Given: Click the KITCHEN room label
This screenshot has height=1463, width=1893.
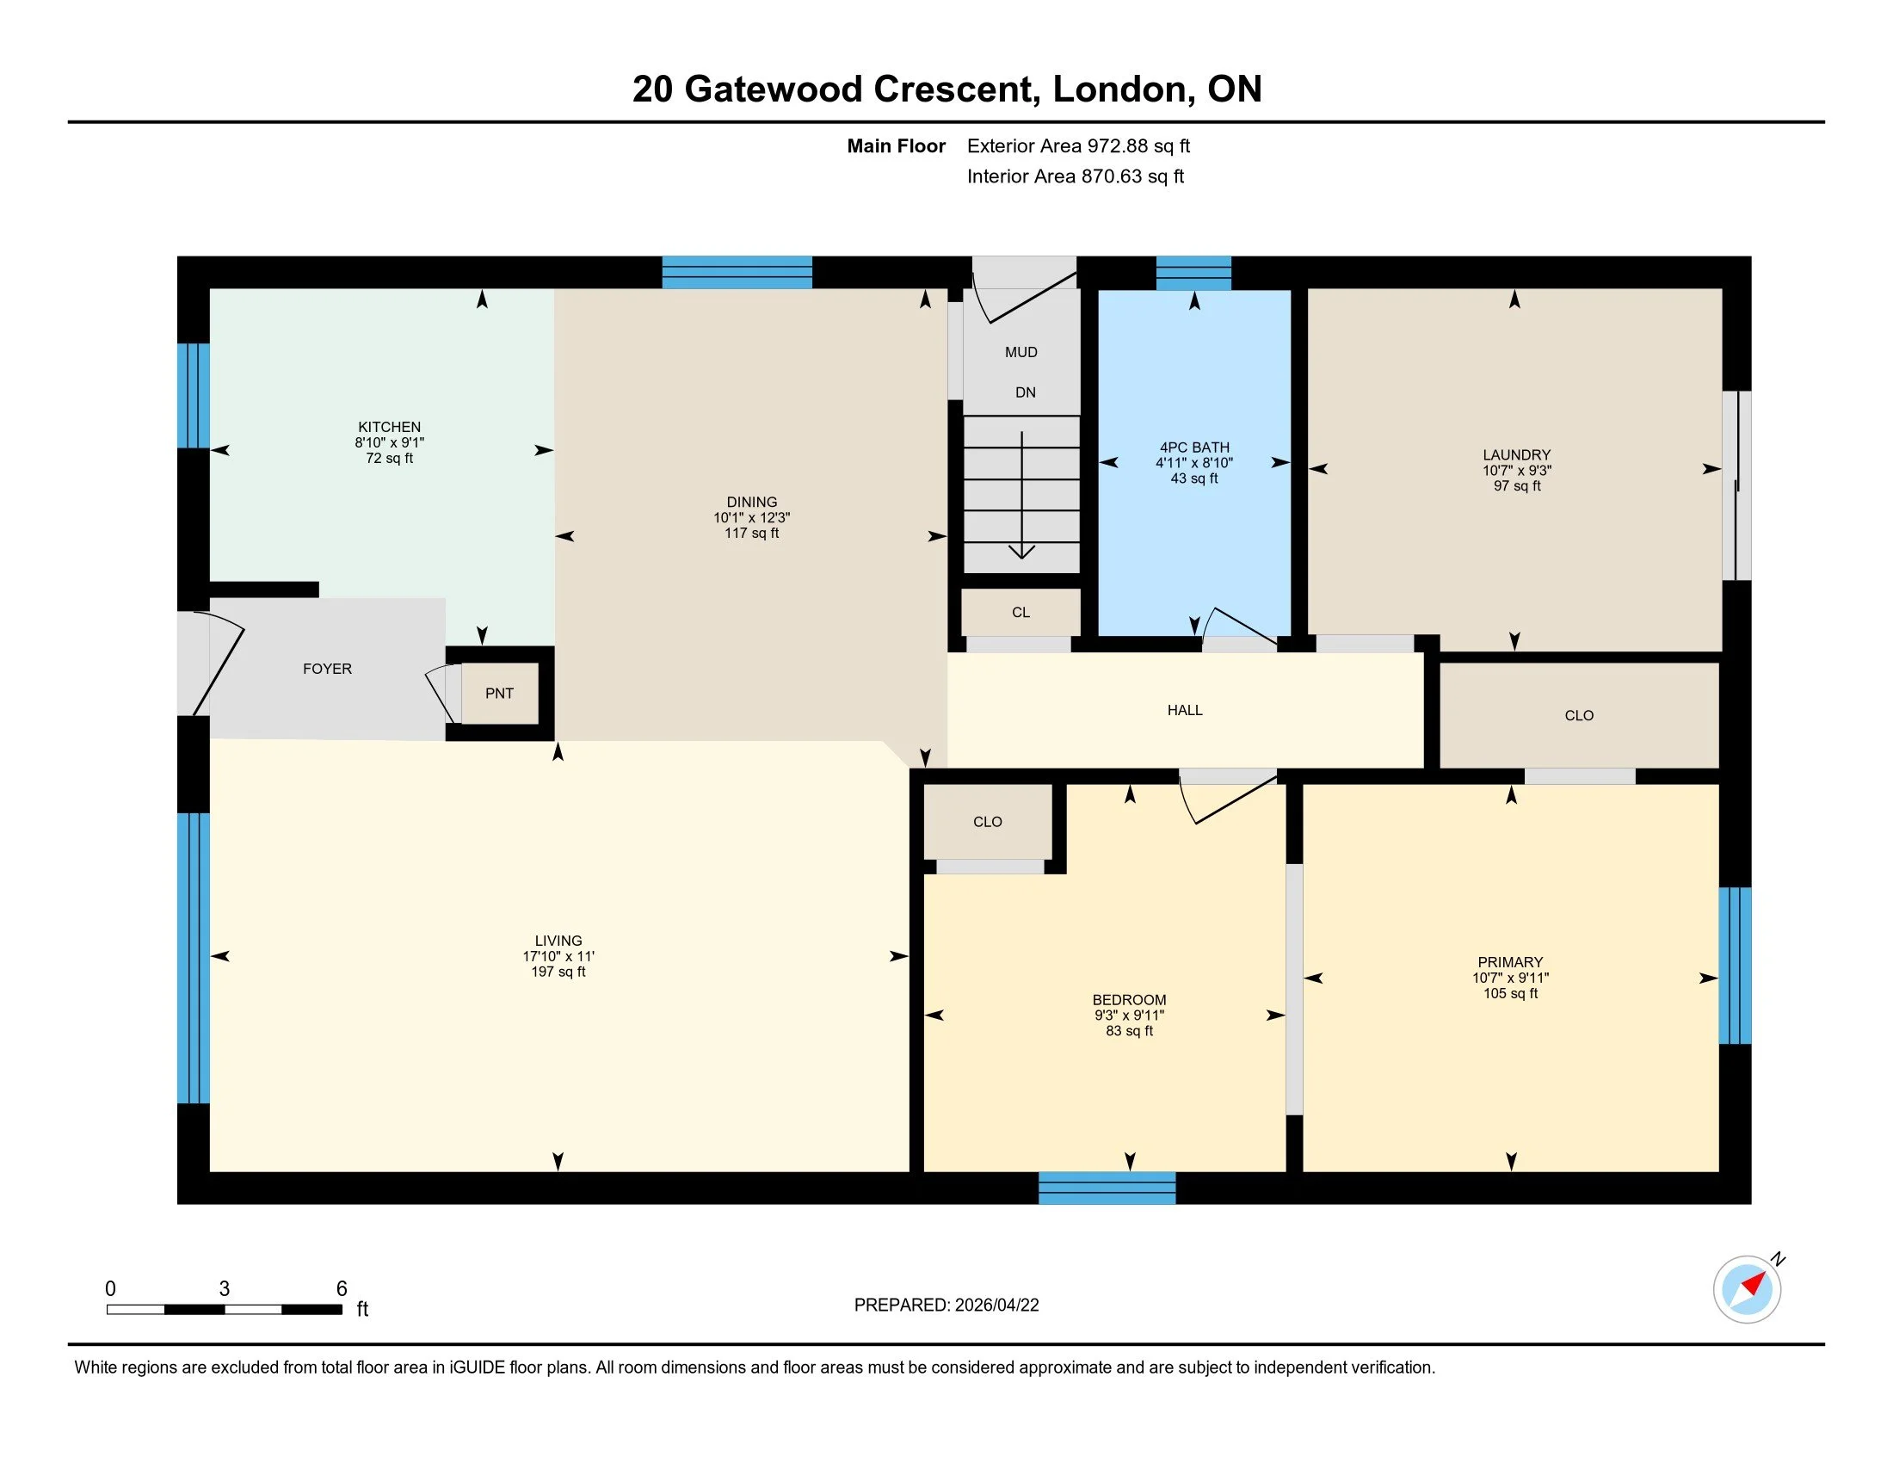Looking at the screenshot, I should coord(389,426).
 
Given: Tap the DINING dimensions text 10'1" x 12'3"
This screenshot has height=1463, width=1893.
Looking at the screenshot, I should coord(751,517).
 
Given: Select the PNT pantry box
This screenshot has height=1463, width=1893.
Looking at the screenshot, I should coord(499,693).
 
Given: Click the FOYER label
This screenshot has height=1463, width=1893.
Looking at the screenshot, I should coord(327,668).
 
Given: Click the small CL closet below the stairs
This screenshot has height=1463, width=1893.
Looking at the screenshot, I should coord(1021,612).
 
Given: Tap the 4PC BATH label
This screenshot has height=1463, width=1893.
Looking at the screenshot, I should coord(1194,448).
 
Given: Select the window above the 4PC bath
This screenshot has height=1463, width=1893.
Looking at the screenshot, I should coord(1193,272).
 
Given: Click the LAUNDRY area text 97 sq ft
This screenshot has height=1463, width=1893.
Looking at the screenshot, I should coord(1517,485).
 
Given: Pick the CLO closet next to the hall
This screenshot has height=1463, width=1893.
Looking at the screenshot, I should coord(1578,715).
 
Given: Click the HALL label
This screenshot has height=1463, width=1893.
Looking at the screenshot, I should coord(1184,710).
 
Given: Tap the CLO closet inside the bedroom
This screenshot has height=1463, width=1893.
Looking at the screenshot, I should coord(987,821).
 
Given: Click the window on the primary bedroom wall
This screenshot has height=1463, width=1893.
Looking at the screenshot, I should coord(1735,965).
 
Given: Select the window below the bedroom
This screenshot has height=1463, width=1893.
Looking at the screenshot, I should coord(1107,1188).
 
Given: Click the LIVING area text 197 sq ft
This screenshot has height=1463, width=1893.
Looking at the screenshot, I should coord(558,972).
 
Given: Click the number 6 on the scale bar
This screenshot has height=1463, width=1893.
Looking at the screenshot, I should coord(342,1288).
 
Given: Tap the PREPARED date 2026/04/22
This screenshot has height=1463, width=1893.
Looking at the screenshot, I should coord(996,1305).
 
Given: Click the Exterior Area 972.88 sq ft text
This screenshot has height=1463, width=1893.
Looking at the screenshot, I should coord(1078,145).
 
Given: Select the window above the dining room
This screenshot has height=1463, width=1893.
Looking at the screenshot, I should coord(737,272).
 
